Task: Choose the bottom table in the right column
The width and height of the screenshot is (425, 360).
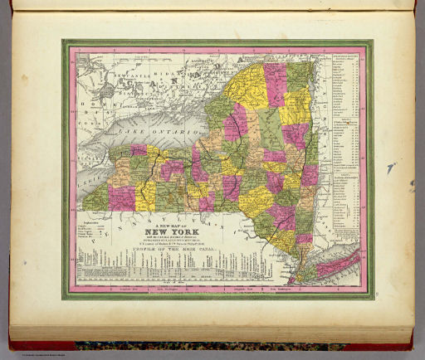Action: (x=344, y=203)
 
